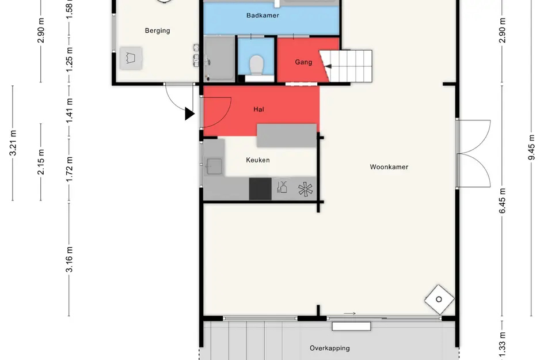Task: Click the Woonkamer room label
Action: tap(389, 167)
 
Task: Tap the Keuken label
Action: tap(258, 160)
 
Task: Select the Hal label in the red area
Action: tap(259, 109)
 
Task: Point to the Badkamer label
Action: tap(263, 16)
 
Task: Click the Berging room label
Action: tap(158, 31)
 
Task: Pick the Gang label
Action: tap(303, 62)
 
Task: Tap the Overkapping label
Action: tap(330, 348)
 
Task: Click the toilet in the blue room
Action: tap(257, 65)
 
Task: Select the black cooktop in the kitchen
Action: tap(260, 189)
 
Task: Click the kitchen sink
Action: tap(214, 166)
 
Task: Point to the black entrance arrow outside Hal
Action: tap(189, 114)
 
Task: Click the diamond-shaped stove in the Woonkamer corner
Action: tap(439, 300)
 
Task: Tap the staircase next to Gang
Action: tap(346, 66)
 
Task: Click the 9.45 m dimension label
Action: tap(531, 147)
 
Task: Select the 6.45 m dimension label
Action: tap(503, 200)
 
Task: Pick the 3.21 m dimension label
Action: tap(13, 143)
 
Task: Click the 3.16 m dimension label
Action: tap(70, 259)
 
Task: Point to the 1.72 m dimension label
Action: tap(70, 169)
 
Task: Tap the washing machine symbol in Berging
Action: tap(131, 58)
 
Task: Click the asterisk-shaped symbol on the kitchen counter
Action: tap(305, 190)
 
